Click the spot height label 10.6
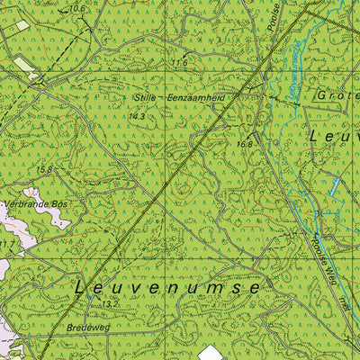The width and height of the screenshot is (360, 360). click(x=76, y=9)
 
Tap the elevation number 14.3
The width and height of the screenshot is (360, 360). click(x=137, y=116)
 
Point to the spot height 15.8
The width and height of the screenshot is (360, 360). click(x=44, y=168)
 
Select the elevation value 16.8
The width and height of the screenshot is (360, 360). click(x=245, y=143)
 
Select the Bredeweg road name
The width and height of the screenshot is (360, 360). click(x=86, y=328)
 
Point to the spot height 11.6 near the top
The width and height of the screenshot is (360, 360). click(x=180, y=63)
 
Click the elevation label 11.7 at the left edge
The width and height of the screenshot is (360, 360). click(x=7, y=244)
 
